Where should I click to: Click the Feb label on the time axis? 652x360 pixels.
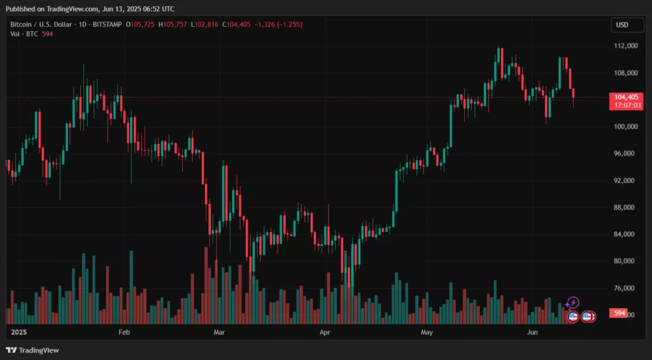point(124,333)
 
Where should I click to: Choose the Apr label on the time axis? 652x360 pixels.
point(325,333)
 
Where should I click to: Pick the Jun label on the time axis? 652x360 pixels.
point(532,333)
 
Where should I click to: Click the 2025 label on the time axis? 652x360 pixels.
point(19,333)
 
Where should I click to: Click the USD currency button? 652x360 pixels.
point(622,25)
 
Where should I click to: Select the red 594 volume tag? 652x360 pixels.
point(619,313)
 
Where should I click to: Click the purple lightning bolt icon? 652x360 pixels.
point(573,302)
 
